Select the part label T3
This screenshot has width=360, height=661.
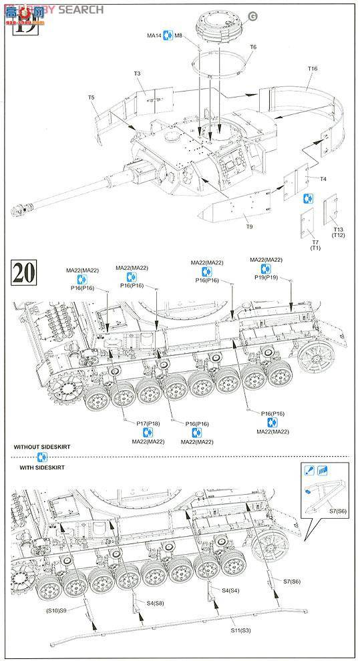(x=137, y=73)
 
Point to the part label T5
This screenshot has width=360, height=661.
(x=91, y=98)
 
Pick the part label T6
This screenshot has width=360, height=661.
(x=252, y=47)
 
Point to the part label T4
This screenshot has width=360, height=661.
(x=322, y=179)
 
